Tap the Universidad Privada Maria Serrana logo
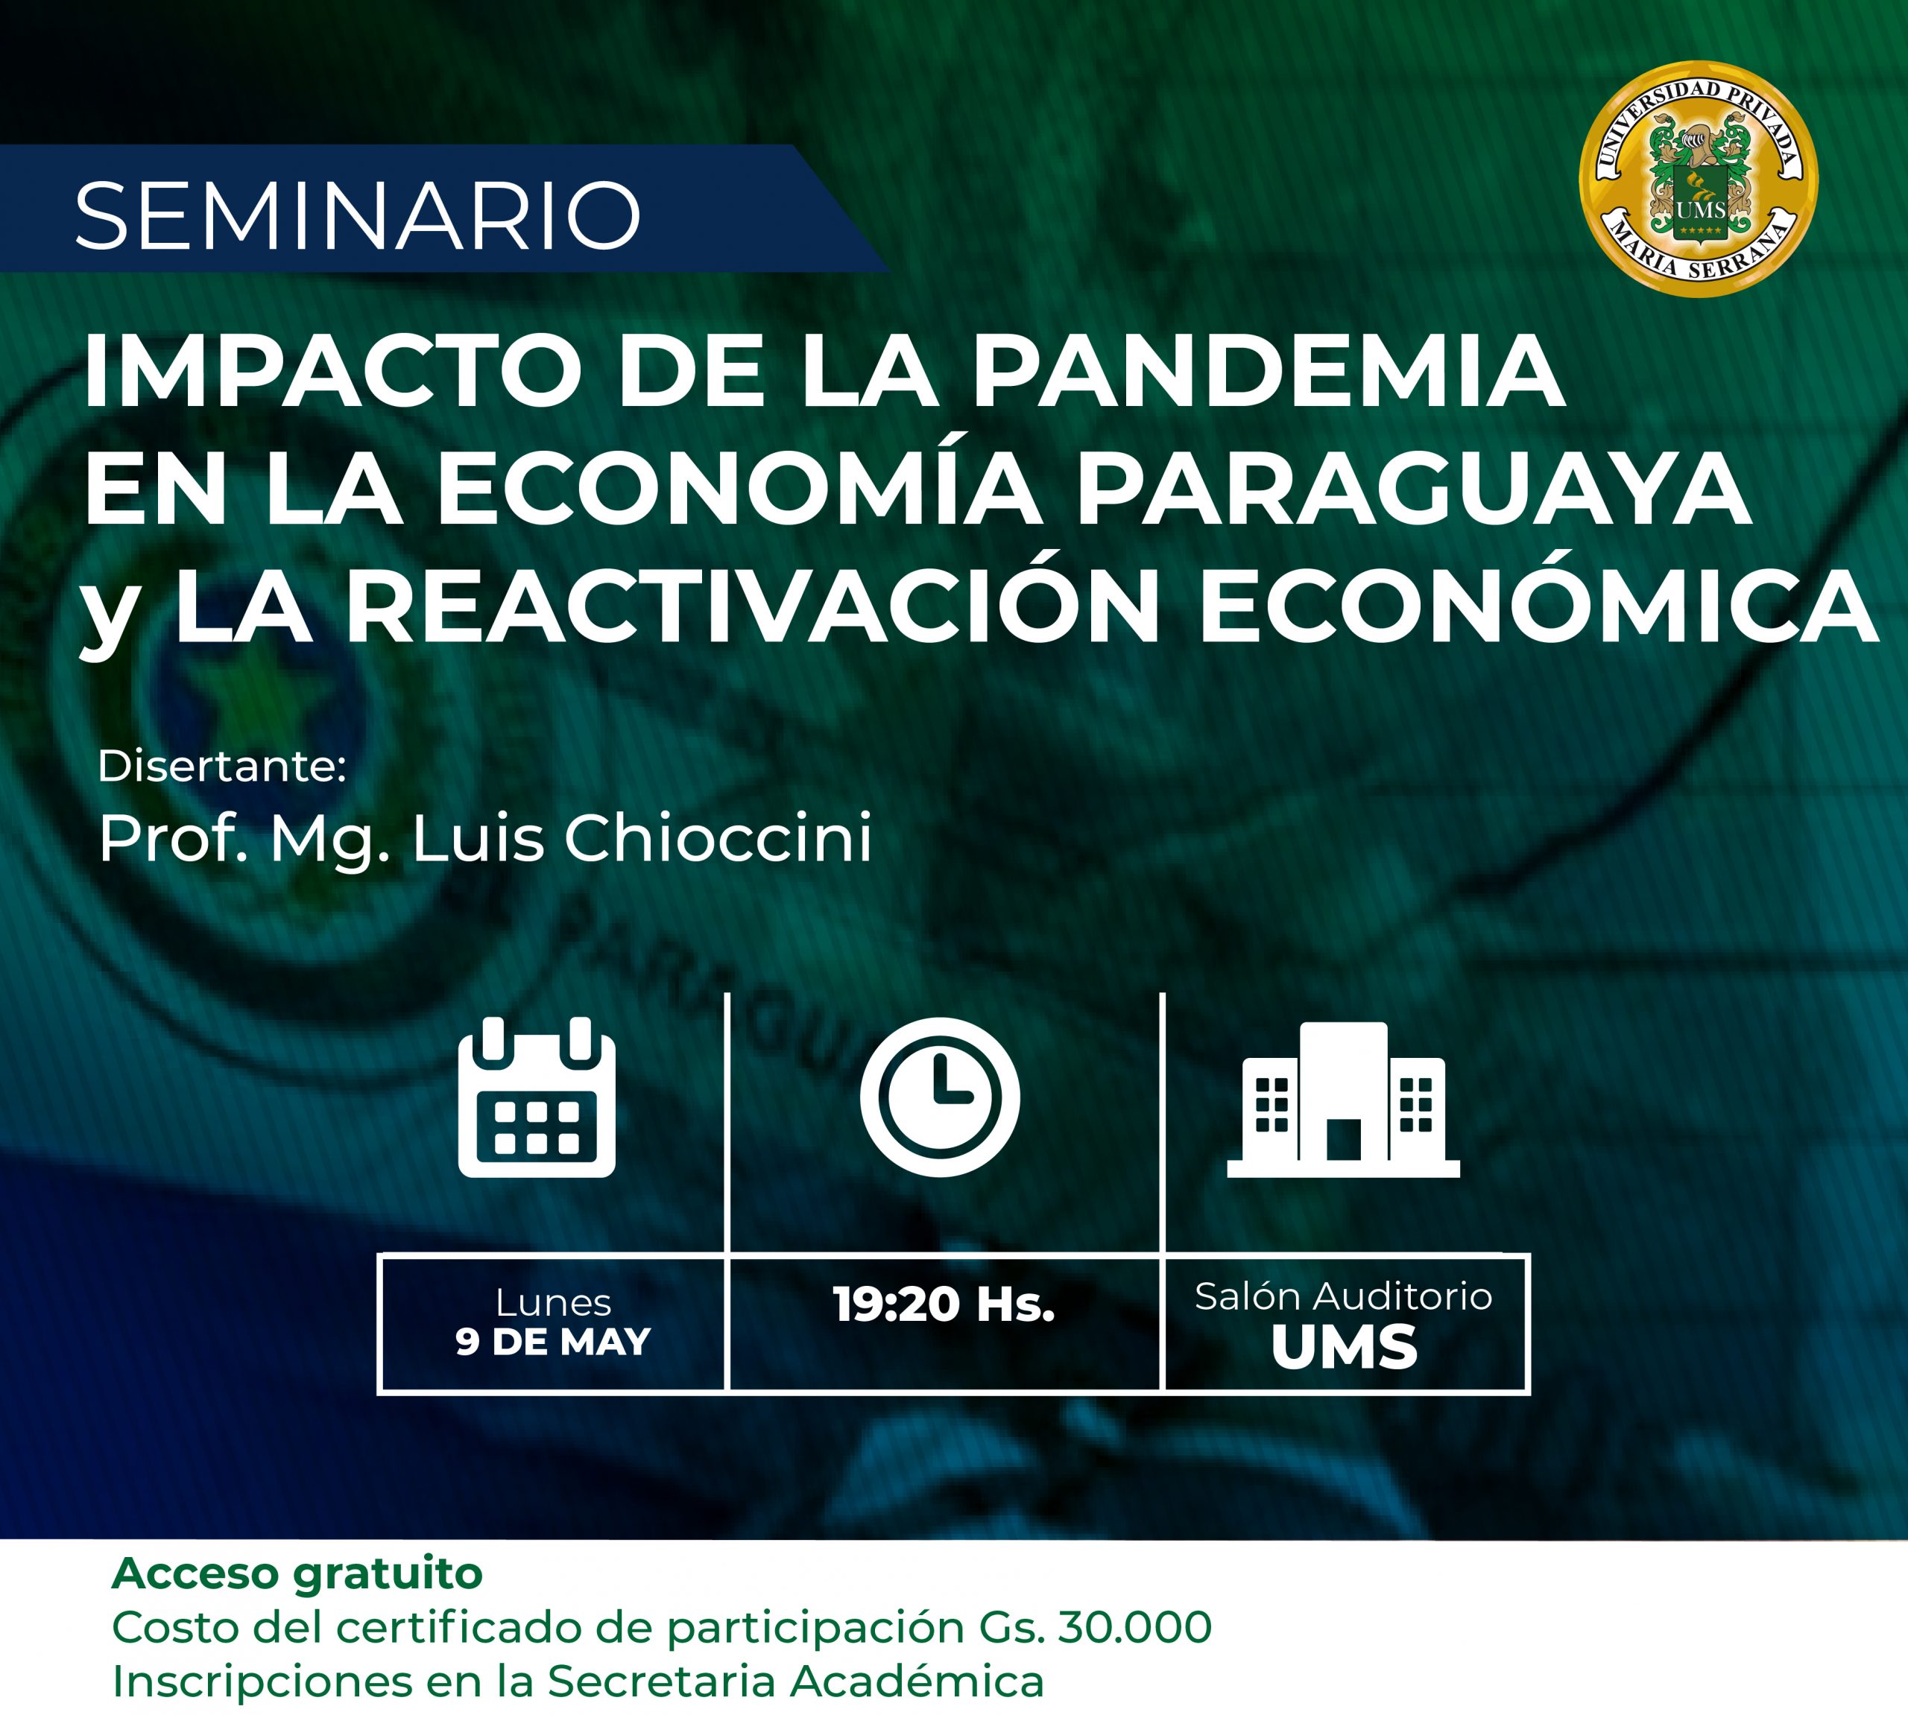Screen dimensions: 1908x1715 click(1699, 179)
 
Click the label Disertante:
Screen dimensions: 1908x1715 click(222, 766)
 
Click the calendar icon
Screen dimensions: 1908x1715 click(537, 1096)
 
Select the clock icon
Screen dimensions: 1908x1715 click(940, 1097)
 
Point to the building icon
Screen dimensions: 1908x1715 click(1342, 1100)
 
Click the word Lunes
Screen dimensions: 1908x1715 click(553, 1303)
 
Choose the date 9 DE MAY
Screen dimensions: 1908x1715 click(553, 1341)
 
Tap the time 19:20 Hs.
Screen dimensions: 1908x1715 click(944, 1305)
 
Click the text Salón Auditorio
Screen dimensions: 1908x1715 click(1343, 1296)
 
